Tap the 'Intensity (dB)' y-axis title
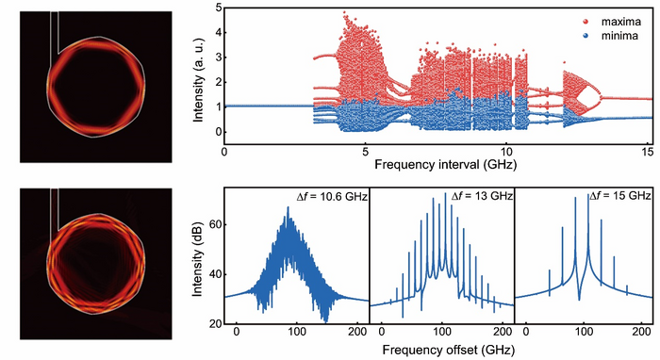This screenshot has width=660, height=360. (196, 255)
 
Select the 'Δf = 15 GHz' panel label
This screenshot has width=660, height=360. (619, 196)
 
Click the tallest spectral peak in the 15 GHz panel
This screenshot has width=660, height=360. (574, 200)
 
